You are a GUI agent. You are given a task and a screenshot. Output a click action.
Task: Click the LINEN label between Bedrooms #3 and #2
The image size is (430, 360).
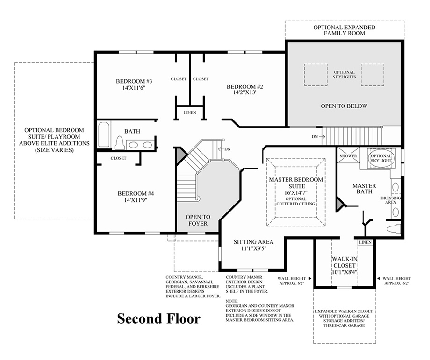(190, 113)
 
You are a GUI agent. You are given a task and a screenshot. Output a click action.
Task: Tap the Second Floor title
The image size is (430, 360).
(158, 318)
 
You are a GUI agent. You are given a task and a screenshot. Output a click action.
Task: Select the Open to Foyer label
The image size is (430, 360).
(198, 220)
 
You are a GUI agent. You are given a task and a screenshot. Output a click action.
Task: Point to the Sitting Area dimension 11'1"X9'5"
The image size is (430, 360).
(253, 249)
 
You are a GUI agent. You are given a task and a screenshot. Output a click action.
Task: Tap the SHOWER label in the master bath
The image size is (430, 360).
(348, 156)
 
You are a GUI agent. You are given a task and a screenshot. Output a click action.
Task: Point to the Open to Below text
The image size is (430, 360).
(344, 106)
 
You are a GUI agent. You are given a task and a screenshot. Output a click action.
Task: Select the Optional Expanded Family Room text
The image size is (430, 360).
(344, 31)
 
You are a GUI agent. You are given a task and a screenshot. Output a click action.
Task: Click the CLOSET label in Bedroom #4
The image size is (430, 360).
(118, 158)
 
